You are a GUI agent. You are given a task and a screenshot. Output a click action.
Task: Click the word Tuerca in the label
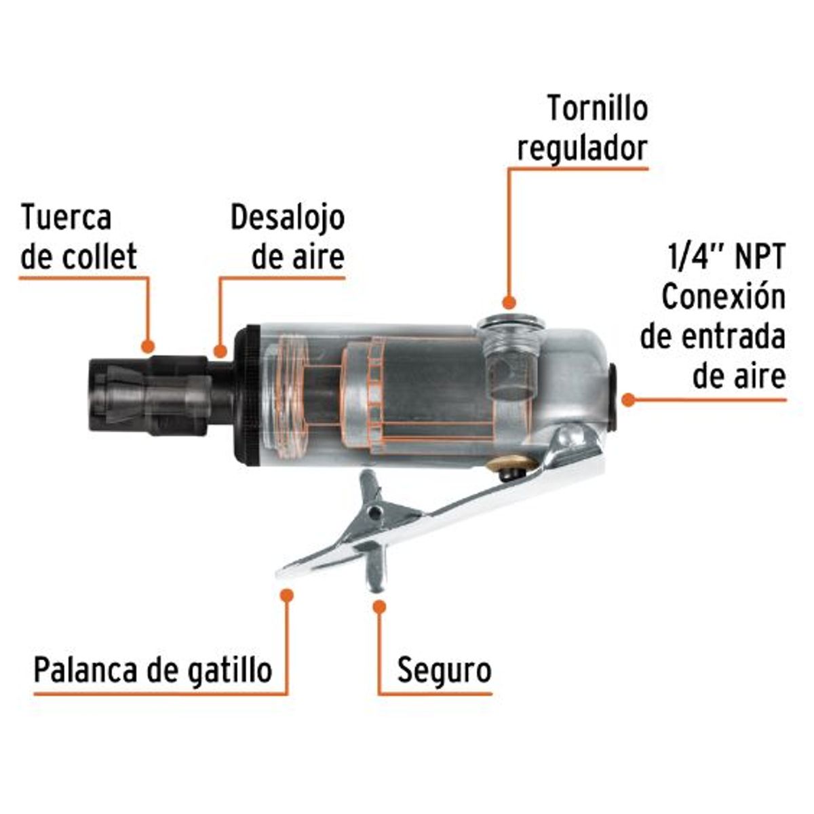(66, 218)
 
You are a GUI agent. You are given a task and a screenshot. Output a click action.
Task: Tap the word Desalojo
(288, 218)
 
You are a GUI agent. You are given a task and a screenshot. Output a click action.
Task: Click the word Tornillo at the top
(598, 109)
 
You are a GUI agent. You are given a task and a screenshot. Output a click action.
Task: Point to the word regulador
(582, 147)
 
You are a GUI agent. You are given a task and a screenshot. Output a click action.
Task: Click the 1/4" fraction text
(691, 258)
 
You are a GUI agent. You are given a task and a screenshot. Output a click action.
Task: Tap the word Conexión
(723, 297)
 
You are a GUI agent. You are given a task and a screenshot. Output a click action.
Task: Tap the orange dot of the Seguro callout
(380, 606)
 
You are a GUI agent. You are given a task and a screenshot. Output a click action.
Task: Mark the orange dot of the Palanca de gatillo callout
(288, 594)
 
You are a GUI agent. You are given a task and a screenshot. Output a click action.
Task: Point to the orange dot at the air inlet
(628, 400)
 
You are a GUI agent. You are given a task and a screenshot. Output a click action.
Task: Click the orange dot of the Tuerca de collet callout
(149, 345)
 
